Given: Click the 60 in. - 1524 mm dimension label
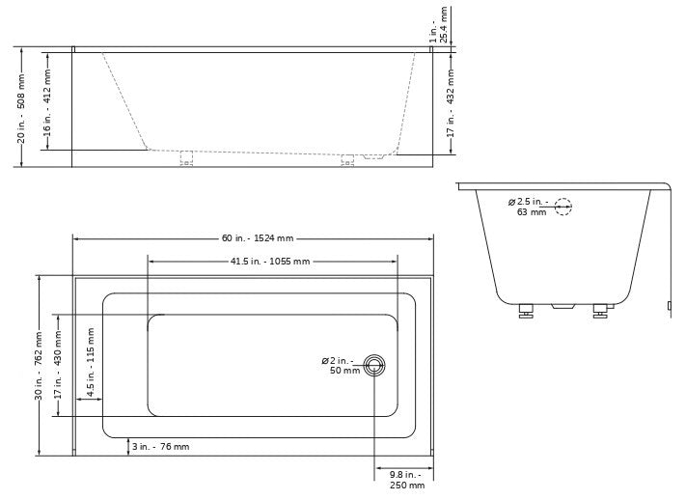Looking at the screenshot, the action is pyautogui.click(x=258, y=238).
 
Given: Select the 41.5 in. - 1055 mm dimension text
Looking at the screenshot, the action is pyautogui.click(x=270, y=262).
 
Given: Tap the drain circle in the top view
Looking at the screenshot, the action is pyautogui.click(x=374, y=366).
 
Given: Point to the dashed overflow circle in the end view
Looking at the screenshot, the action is pyautogui.click(x=563, y=207).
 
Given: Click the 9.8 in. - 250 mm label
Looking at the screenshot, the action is pyautogui.click(x=406, y=480).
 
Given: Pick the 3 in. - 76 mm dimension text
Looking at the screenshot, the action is pyautogui.click(x=160, y=447).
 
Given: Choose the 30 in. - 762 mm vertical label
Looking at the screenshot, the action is pyautogui.click(x=39, y=366).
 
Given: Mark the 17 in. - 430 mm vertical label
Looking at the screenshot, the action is pyautogui.click(x=57, y=365).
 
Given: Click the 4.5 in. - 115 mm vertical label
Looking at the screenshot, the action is pyautogui.click(x=90, y=363).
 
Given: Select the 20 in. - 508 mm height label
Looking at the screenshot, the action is pyautogui.click(x=21, y=108).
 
